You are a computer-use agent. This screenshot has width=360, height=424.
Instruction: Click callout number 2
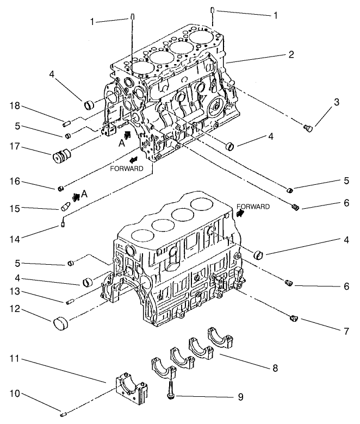pos(291,55)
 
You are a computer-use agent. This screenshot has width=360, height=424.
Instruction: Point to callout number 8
pos(275,367)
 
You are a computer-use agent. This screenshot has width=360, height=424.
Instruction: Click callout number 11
pos(16,359)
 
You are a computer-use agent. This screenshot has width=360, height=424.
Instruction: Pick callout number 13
pos(16,292)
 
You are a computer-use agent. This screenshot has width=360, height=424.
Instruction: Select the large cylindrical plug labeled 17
pos(62,155)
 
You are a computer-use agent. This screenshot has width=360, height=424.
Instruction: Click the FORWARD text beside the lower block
pos(253,207)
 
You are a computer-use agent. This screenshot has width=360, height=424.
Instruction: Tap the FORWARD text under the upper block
pos(126,169)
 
